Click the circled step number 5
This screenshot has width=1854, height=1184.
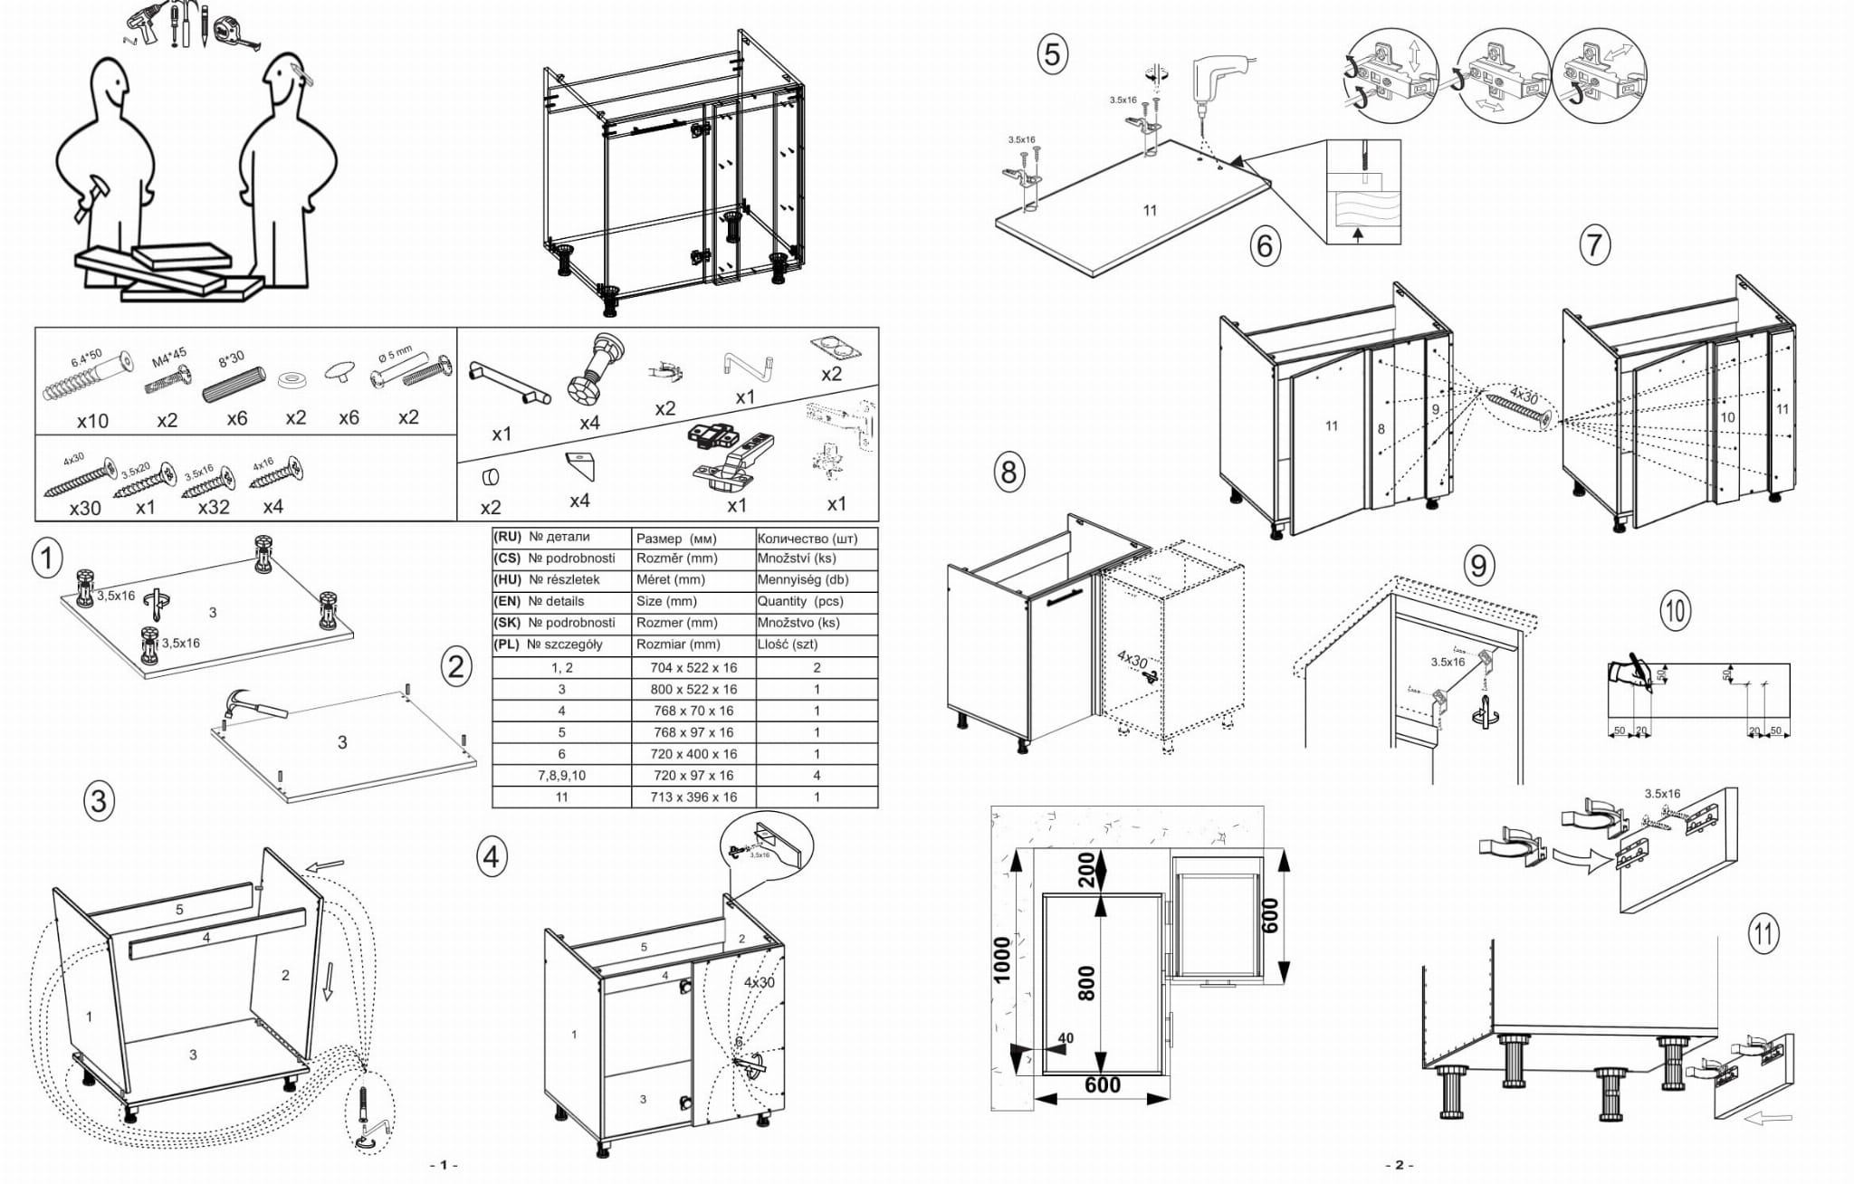(x=1051, y=54)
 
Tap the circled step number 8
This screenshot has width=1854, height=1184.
(x=1008, y=472)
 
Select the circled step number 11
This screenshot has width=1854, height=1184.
(x=1763, y=932)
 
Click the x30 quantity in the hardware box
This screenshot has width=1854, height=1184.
(x=85, y=508)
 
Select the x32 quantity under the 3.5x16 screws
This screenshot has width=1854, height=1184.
(x=214, y=507)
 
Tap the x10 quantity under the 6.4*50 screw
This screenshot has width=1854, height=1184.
(x=92, y=421)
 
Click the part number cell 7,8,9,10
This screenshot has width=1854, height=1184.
(x=561, y=775)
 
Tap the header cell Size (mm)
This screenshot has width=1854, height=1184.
(x=666, y=601)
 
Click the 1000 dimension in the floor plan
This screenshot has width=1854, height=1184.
(x=1001, y=960)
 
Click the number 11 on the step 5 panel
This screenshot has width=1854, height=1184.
(x=1150, y=210)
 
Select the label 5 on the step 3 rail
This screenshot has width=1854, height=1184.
(x=179, y=909)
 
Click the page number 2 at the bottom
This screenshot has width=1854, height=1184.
(x=1399, y=1165)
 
